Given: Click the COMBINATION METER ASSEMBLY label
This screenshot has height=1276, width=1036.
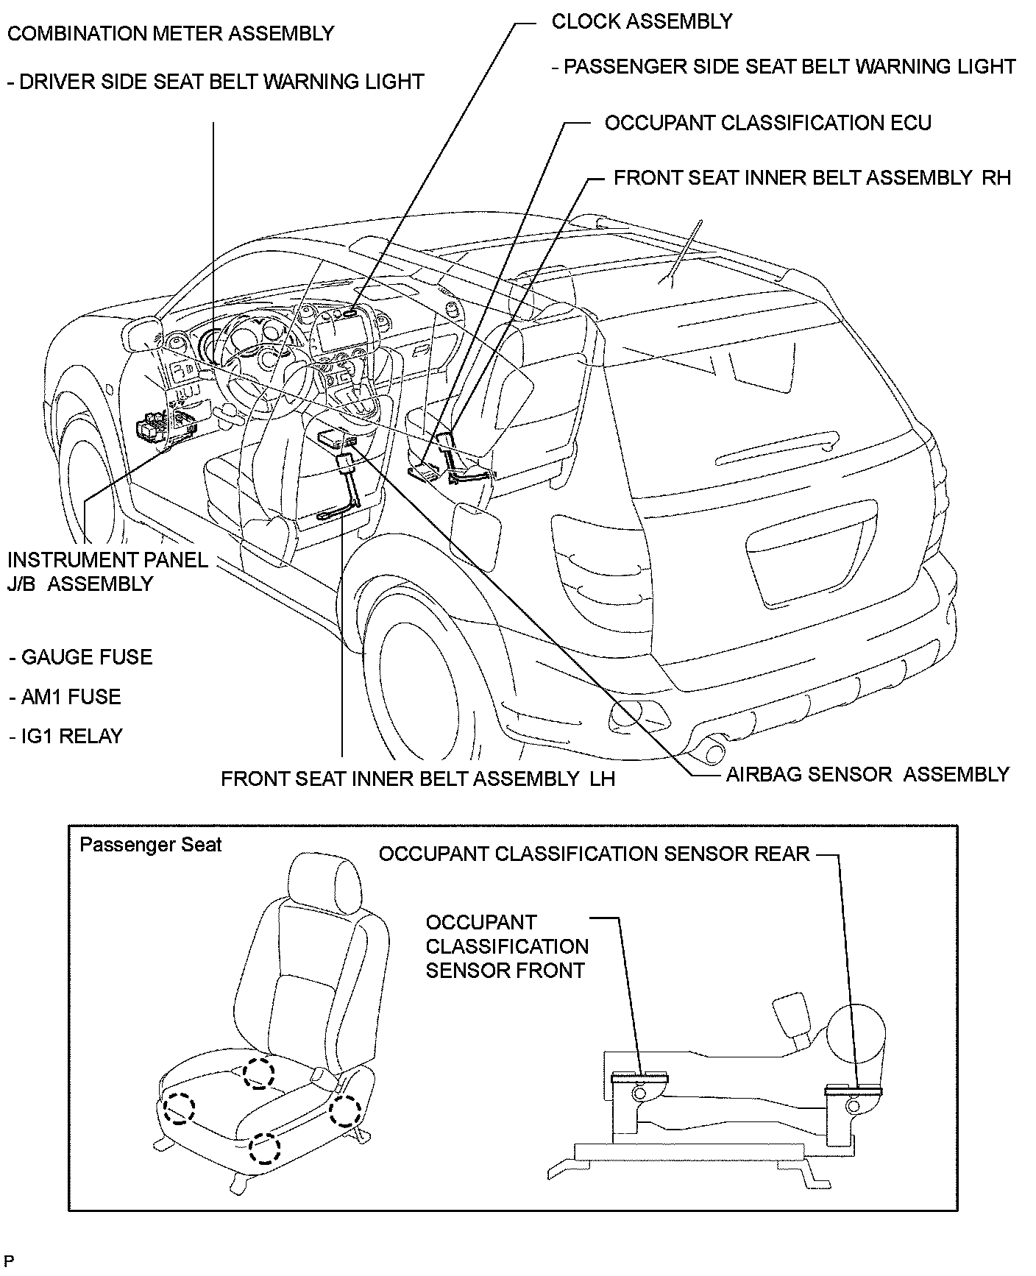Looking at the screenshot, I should pyautogui.click(x=170, y=34).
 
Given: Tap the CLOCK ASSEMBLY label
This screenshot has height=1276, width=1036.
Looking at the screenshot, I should pyautogui.click(x=642, y=22).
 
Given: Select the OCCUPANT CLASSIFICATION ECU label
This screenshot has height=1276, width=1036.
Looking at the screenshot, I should pyautogui.click(x=767, y=123).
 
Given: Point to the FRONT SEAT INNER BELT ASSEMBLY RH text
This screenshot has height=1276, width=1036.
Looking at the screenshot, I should pyautogui.click(x=812, y=178).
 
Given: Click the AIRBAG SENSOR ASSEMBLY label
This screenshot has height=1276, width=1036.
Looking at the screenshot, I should pyautogui.click(x=868, y=775).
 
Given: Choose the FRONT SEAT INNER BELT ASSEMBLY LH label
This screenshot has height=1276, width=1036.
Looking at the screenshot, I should pyautogui.click(x=417, y=779).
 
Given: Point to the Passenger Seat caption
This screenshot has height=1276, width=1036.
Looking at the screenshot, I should pyautogui.click(x=150, y=845).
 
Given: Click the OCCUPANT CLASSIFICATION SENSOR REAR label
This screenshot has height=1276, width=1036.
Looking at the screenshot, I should pyautogui.click(x=594, y=854).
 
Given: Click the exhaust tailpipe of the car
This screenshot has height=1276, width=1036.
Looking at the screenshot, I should pyautogui.click(x=712, y=752).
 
